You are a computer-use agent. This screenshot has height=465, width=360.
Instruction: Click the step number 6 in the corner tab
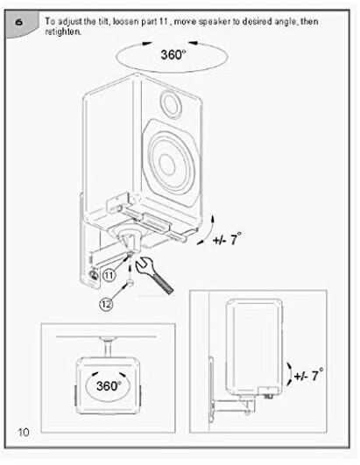coord(19,22)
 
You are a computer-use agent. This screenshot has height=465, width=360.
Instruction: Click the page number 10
coord(24,432)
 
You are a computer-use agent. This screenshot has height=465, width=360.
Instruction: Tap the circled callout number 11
coord(109,276)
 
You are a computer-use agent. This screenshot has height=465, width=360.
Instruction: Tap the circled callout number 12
coord(107,304)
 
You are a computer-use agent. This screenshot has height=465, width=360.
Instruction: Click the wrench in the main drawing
coord(153,276)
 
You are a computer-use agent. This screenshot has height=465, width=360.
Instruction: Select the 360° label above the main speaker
coord(173,54)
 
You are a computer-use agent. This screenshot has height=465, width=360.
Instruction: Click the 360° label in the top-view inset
coord(109,386)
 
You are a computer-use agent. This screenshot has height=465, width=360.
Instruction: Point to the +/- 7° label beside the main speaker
coord(227,239)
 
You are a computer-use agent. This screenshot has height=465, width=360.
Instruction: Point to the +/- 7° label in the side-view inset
coord(308,375)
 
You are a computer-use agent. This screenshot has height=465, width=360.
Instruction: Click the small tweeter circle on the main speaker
coord(171,104)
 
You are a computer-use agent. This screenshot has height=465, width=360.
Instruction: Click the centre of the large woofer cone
coord(166,162)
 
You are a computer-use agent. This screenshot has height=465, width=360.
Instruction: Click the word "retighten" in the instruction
coord(62,32)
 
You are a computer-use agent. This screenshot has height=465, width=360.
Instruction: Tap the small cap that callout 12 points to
coord(130,283)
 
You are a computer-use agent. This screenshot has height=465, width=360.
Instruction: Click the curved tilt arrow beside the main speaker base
coord(208,231)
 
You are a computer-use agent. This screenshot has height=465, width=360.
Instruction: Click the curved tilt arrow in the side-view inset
coord(289,374)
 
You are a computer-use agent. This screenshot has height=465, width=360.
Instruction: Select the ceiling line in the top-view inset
coord(106,337)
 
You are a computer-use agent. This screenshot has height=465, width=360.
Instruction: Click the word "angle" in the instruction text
coord(286,23)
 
